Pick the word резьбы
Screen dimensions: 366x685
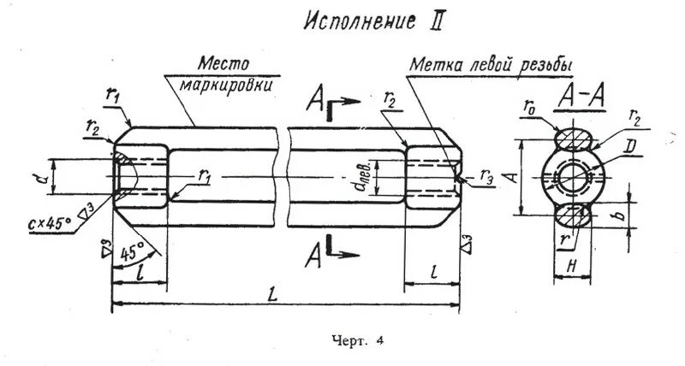pos(544,65)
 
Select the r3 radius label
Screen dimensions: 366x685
pos(486,180)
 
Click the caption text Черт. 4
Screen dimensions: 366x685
pos(356,340)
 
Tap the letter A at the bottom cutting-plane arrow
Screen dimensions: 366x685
pos(316,253)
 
